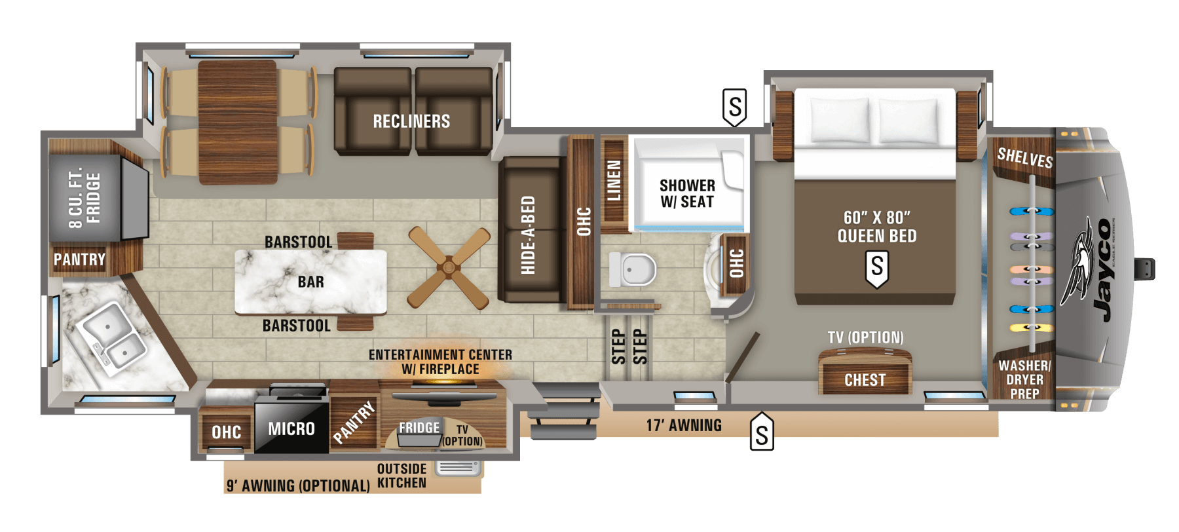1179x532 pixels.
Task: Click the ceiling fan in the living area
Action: tap(449, 267)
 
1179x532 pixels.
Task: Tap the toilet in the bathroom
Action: tap(633, 269)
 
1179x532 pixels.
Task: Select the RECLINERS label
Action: tap(411, 121)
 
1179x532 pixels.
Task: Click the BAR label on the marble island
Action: tap(310, 282)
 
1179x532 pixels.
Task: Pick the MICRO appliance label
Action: tap(291, 429)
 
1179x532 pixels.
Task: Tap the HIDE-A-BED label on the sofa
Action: tap(528, 235)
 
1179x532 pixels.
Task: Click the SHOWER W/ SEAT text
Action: tap(687, 194)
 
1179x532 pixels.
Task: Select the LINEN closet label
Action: tap(614, 180)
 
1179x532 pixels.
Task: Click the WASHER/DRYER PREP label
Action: tap(1024, 379)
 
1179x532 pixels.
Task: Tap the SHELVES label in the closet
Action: tap(1024, 158)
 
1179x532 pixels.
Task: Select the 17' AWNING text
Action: tap(684, 425)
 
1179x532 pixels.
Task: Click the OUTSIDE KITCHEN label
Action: tap(402, 476)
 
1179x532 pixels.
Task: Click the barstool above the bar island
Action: tap(356, 240)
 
